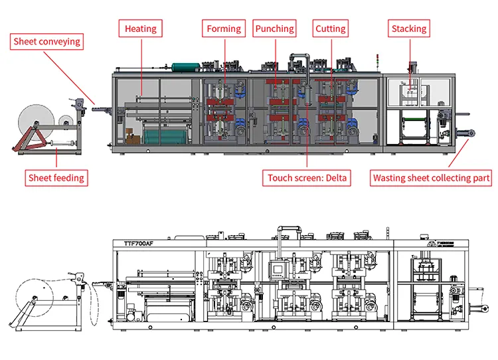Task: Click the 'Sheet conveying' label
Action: (x=47, y=42)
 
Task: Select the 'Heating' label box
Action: (x=141, y=29)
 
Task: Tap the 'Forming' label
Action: (x=223, y=29)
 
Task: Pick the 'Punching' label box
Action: (x=274, y=29)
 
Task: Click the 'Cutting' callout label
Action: (x=330, y=29)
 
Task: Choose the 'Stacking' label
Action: (x=408, y=29)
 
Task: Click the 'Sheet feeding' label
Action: (x=56, y=178)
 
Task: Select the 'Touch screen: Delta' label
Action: (x=307, y=178)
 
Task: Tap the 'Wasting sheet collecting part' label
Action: (x=431, y=178)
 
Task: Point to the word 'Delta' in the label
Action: (x=336, y=178)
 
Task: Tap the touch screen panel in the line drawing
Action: (x=276, y=270)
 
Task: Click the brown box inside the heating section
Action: (x=132, y=139)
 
